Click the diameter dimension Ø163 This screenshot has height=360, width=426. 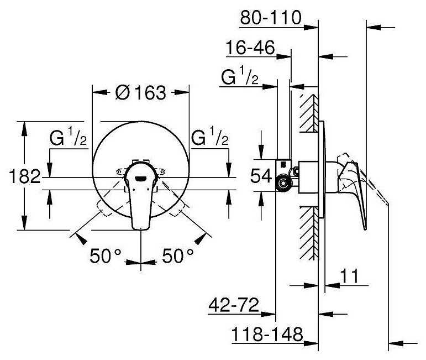pyautogui.click(x=141, y=93)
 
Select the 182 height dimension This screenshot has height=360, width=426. pyautogui.click(x=25, y=177)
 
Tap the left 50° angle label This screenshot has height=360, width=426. pyautogui.click(x=106, y=255)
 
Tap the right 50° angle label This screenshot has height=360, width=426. pyautogui.click(x=177, y=255)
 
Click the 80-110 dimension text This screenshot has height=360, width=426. pyautogui.click(x=271, y=18)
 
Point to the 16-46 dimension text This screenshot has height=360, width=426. pyautogui.click(x=250, y=48)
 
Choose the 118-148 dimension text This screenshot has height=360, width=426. pyautogui.click(x=268, y=334)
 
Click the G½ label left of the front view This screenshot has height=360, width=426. pyautogui.click(x=66, y=138)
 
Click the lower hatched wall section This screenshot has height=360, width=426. pyautogui.click(x=308, y=232)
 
